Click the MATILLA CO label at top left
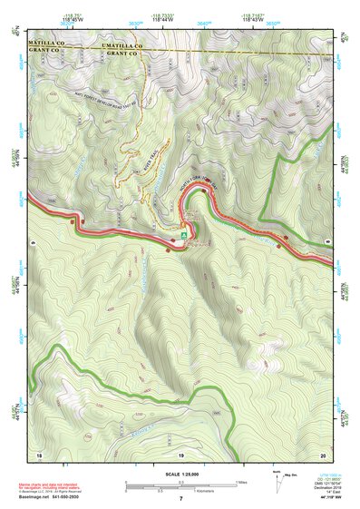(x=48, y=44)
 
